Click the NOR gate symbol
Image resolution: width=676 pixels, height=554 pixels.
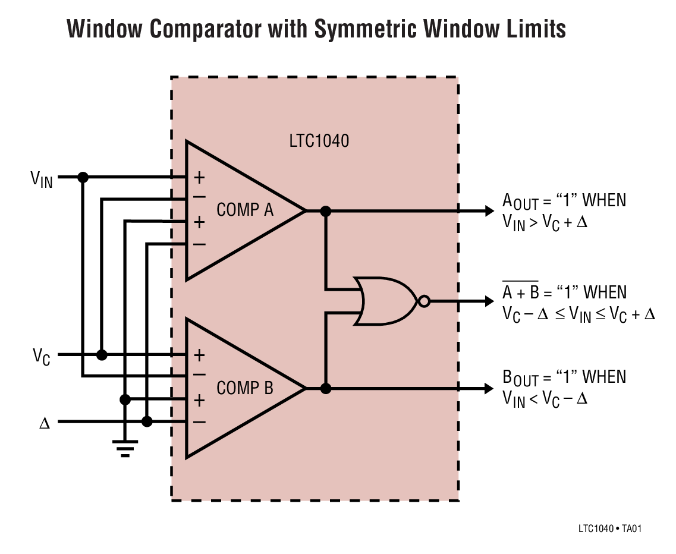[385, 301]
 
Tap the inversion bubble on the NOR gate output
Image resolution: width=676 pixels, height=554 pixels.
[423, 301]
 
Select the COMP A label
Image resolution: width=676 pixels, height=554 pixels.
[244, 210]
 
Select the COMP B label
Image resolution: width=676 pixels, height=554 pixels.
[244, 388]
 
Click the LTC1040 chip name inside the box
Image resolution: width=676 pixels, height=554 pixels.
[319, 142]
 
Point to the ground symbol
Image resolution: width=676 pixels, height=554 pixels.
[125, 447]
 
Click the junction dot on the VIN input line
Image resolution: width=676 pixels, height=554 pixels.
[83, 177]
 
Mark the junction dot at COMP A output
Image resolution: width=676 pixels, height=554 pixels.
[325, 210]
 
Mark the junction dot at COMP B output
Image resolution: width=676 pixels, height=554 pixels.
[325, 389]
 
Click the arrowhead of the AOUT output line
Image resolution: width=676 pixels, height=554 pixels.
[489, 210]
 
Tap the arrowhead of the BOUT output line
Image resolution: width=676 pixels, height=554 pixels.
[489, 389]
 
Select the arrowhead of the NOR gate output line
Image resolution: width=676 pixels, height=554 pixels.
[489, 301]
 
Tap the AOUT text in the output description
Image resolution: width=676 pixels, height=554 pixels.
[520, 202]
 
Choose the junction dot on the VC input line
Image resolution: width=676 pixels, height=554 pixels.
[102, 355]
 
